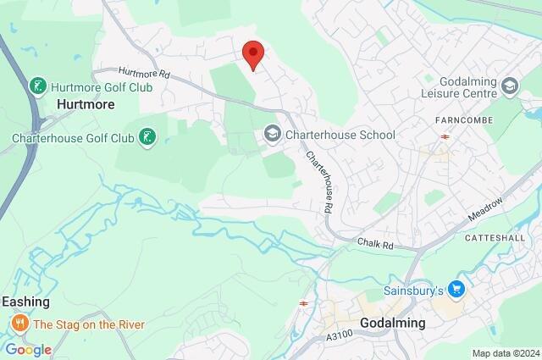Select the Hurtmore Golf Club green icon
pos(38,86)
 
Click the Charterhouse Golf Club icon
pos(147,137)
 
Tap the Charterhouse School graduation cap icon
pos(272,133)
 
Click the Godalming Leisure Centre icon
pos(510,86)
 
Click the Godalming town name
pos(392,323)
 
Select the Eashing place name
pos(25,302)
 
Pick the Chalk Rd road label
pos(375,244)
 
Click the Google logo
pos(28,349)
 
